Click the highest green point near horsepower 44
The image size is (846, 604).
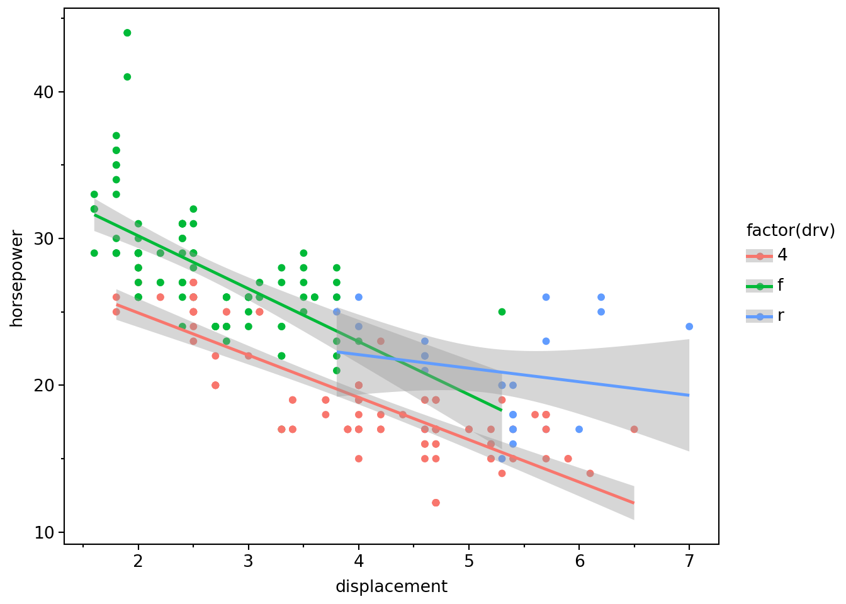(127, 33)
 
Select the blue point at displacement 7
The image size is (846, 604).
(689, 327)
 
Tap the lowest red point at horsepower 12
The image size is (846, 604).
(436, 503)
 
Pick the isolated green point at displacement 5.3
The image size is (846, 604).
(502, 312)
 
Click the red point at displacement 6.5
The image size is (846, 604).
(634, 430)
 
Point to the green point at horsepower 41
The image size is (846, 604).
(127, 77)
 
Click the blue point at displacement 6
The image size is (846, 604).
(579, 430)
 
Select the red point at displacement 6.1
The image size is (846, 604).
(590, 473)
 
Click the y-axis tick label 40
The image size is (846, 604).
(44, 92)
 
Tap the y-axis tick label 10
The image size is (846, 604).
(44, 532)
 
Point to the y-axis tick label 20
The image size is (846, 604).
(44, 386)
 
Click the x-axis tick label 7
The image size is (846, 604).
(689, 561)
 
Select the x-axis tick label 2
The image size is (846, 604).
(138, 561)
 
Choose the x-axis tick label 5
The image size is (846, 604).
(469, 561)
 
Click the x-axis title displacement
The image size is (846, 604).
(392, 587)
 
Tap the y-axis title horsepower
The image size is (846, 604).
(17, 278)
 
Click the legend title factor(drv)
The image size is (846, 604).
(791, 231)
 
